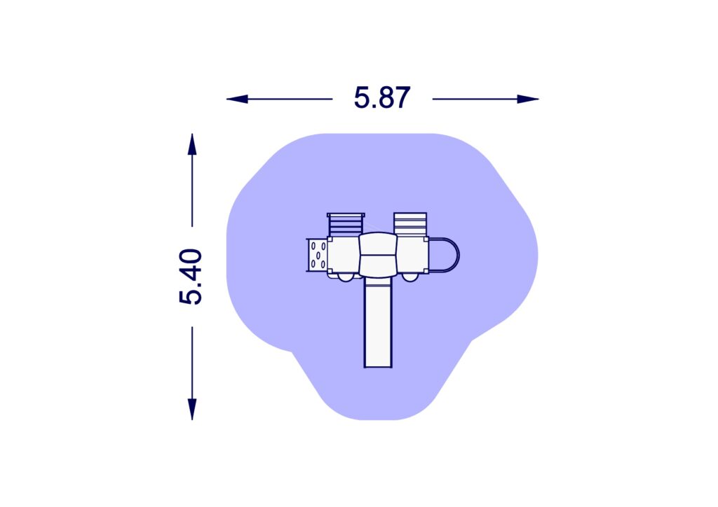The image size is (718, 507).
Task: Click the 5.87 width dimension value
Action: click(382, 98)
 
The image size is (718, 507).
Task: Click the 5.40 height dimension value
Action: click(191, 277)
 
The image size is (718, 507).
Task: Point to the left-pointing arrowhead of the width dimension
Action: click(237, 99)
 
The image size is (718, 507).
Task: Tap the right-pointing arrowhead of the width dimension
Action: click(528, 99)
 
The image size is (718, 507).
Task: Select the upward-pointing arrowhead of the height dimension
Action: click(192, 144)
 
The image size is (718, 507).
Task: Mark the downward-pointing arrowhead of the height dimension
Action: click(192, 409)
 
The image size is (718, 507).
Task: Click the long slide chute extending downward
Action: click(378, 322)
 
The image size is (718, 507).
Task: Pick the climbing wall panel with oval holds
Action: click(317, 255)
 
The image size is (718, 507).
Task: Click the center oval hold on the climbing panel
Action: click(318, 256)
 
